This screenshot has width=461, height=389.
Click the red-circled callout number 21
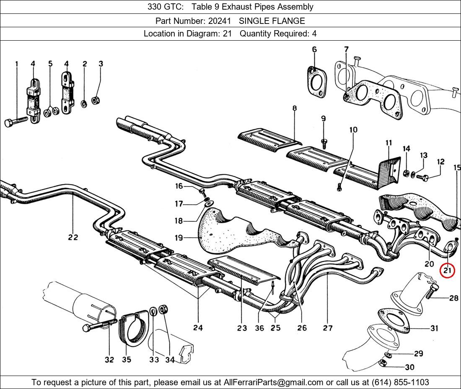tap(447, 270)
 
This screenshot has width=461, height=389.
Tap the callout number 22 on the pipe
tap(73, 237)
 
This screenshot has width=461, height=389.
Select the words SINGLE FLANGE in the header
tap(272, 21)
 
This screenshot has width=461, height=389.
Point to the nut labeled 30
tap(383, 363)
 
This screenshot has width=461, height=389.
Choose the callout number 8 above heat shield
tap(295, 108)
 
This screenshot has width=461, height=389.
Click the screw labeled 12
tap(424, 178)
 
